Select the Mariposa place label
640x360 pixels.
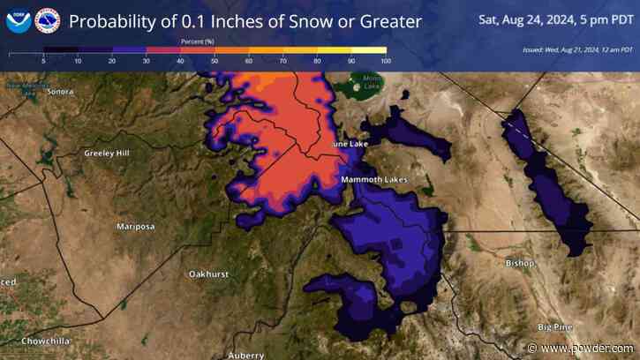136,227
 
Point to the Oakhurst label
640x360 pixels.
208,274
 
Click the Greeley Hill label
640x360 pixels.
107,154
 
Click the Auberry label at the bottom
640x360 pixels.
245,355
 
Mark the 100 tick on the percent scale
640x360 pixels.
385,61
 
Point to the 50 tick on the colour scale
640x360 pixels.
215,61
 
